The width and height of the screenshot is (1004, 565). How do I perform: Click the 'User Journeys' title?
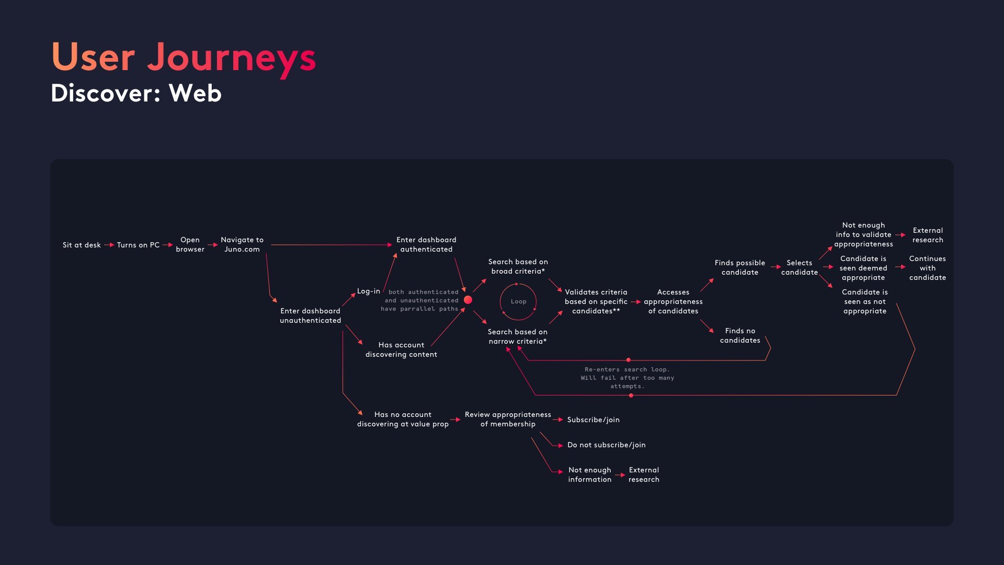point(183,58)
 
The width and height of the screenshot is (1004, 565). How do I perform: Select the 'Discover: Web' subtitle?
point(136,94)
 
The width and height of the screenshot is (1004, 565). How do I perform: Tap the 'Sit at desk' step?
point(82,245)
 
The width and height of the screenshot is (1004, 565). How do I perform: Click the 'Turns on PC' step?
point(138,245)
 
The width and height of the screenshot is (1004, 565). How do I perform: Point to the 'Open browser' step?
point(190,244)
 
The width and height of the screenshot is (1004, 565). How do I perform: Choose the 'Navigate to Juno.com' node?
point(242,244)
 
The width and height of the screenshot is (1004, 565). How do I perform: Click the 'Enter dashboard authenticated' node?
point(426,244)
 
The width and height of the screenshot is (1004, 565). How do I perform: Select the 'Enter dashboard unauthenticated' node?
point(310,315)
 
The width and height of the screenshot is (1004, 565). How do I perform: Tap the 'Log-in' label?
point(368,291)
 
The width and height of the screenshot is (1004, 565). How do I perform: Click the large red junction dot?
point(468,300)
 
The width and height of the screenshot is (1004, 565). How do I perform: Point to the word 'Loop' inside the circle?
point(518,301)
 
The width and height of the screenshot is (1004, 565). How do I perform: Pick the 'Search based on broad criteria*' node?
point(518,266)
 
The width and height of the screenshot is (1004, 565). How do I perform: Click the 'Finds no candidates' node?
point(740,335)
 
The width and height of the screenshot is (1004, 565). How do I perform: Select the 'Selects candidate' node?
point(799,267)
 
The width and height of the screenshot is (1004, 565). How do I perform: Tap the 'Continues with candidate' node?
point(927,268)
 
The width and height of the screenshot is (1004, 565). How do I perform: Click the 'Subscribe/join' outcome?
point(593,420)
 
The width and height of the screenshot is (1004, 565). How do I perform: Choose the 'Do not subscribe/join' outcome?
point(606,445)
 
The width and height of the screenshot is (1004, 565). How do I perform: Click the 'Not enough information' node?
point(589,474)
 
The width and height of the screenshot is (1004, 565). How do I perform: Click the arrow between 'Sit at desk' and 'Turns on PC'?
point(109,245)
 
